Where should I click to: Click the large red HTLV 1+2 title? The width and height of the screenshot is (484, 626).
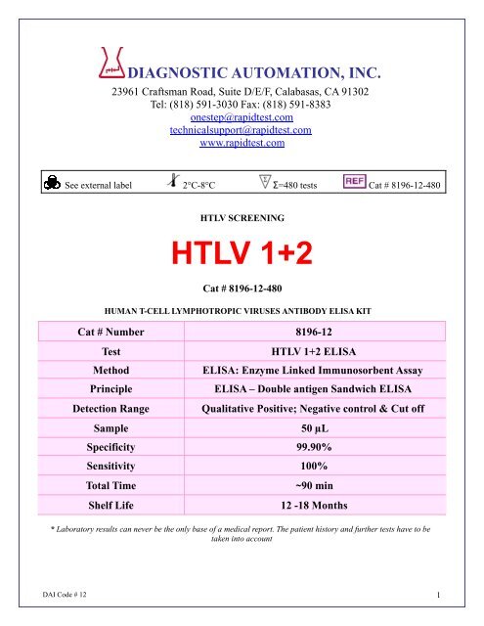pos(241,255)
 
